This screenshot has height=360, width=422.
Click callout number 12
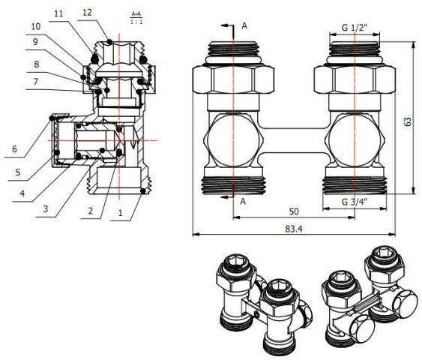tap(87, 13)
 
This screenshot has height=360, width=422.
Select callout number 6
tap(13, 149)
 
